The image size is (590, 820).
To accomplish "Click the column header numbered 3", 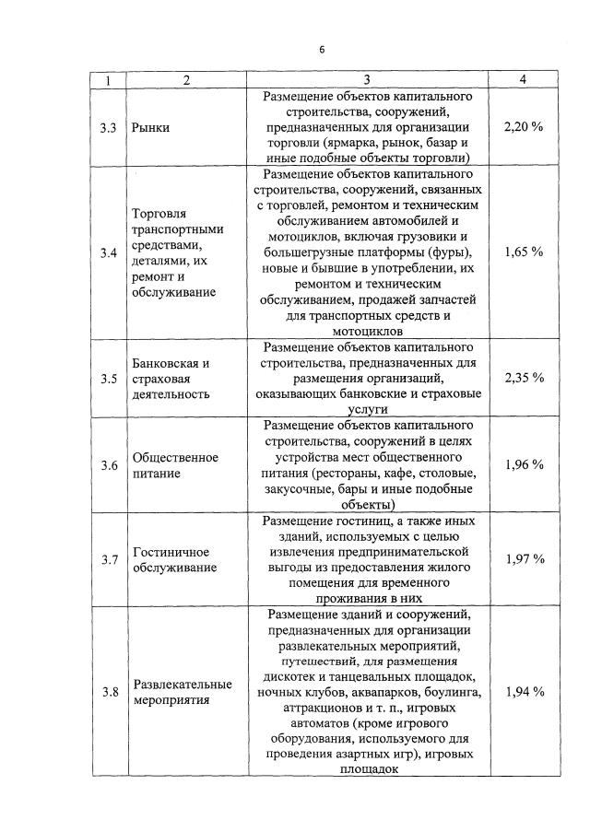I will pos(366,80).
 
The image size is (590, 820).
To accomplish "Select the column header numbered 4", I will pos(523,80).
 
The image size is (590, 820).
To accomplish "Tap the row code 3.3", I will pos(108,127).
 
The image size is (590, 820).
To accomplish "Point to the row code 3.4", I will pos(108,252).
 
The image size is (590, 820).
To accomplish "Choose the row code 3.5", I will pos(108,378).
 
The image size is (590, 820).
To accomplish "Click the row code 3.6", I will pos(108,465).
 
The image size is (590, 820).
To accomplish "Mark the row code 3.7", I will pos(108,559).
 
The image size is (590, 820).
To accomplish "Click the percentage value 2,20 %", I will pos(524,127).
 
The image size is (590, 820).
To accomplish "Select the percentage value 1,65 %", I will pos(524,252).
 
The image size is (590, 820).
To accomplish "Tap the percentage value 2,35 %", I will pos(524,378).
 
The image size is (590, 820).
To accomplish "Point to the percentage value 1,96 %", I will pos(524,465).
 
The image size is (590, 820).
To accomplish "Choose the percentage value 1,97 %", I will pos(524,559).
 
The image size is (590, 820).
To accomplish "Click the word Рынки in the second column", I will pos(151,128).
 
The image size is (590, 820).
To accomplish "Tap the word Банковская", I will pos(168,363).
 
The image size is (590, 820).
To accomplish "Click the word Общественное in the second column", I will pos(175,458).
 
